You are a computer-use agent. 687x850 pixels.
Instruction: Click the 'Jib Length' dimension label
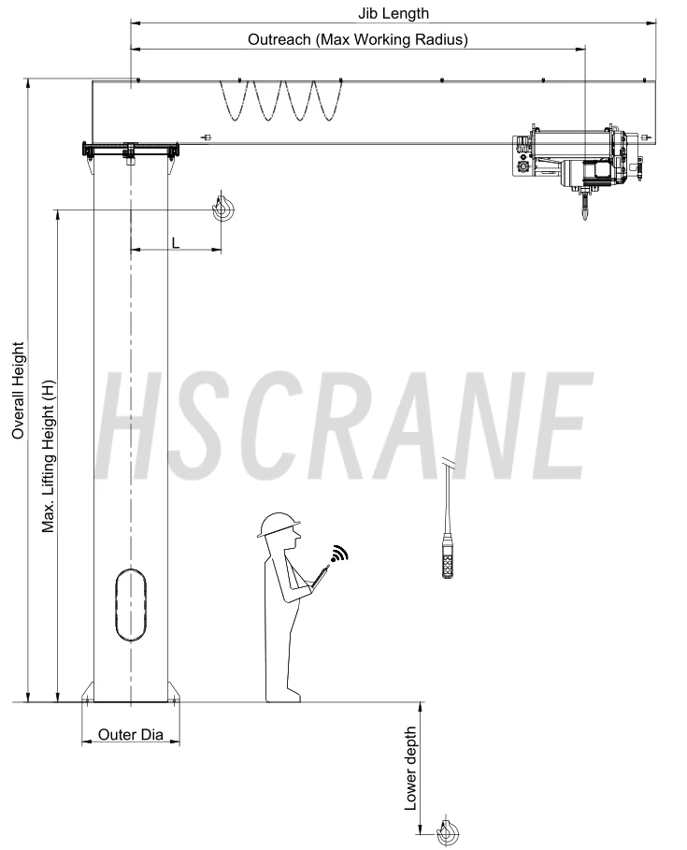pyautogui.click(x=394, y=13)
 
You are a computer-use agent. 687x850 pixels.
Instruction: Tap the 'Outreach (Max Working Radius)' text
pyautogui.click(x=358, y=39)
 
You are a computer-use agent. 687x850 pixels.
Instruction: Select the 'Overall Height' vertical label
pyautogui.click(x=18, y=390)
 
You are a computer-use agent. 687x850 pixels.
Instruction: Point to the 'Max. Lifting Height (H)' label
pyautogui.click(x=49, y=456)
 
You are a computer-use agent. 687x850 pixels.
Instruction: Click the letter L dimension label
pyautogui.click(x=176, y=243)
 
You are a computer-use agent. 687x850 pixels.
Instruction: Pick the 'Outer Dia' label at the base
pyautogui.click(x=131, y=735)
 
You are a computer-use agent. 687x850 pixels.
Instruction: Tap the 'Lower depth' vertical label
pyautogui.click(x=410, y=769)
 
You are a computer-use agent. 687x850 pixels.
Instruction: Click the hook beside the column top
pyautogui.click(x=222, y=207)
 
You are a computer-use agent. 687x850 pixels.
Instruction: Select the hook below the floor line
pyautogui.click(x=448, y=830)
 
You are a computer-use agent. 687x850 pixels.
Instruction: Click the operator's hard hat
pyautogui.click(x=279, y=525)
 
